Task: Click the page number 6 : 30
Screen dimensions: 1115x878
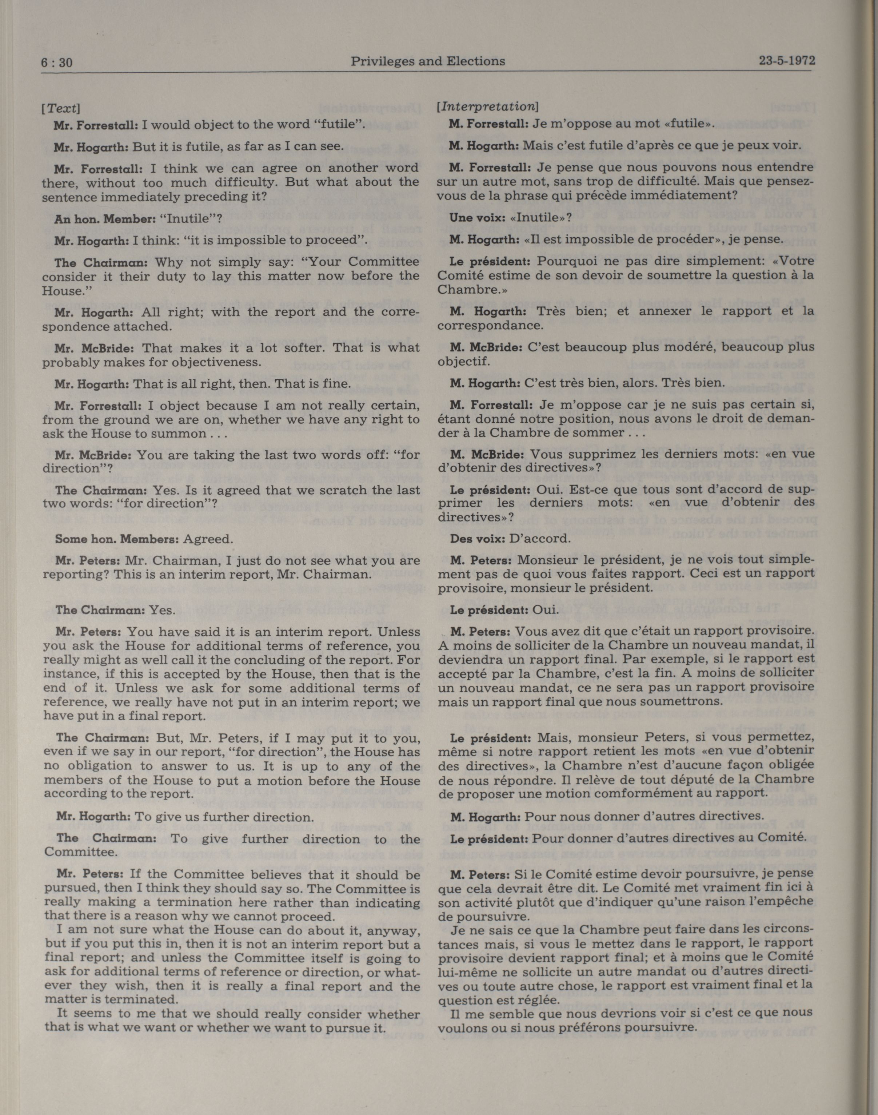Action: (56, 63)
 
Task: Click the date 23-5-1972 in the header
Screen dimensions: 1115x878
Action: (786, 61)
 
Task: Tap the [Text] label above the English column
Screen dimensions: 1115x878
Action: (61, 108)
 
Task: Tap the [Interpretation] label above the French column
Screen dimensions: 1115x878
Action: (486, 107)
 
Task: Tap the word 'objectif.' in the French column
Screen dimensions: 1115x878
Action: (464, 361)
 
